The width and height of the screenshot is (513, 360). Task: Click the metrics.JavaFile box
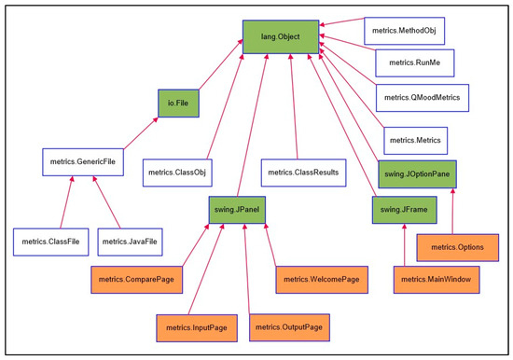point(130,242)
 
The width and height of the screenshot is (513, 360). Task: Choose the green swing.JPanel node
point(237,211)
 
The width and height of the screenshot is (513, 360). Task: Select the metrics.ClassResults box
point(302,173)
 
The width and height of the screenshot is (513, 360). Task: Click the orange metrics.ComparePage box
point(136,279)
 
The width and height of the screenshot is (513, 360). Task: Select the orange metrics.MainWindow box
point(433,279)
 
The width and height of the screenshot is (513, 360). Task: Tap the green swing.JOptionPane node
point(417,173)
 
